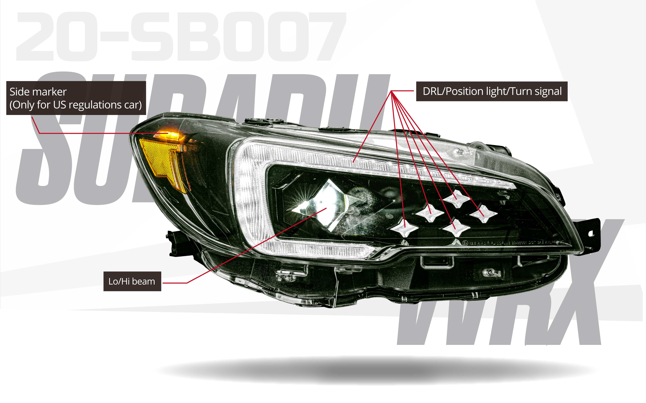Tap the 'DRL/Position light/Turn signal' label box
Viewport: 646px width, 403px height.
click(x=492, y=91)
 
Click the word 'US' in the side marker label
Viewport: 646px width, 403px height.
click(x=59, y=105)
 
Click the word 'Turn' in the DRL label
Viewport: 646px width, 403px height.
click(x=522, y=91)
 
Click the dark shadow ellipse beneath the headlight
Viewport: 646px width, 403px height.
click(x=374, y=370)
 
